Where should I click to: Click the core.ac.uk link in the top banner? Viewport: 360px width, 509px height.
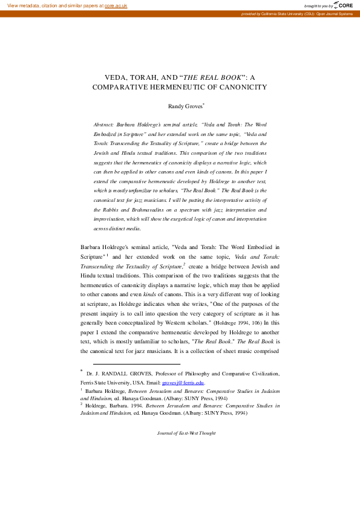click(x=117, y=5)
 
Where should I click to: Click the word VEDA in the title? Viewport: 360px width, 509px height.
click(x=117, y=77)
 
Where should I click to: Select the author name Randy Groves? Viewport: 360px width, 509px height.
click(x=184, y=106)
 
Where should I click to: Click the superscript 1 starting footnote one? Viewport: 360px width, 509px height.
click(x=82, y=390)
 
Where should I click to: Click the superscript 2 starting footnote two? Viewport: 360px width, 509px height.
click(x=82, y=404)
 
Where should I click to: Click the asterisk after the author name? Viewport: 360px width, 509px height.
click(x=205, y=103)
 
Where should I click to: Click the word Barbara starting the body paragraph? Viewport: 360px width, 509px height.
click(x=93, y=247)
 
